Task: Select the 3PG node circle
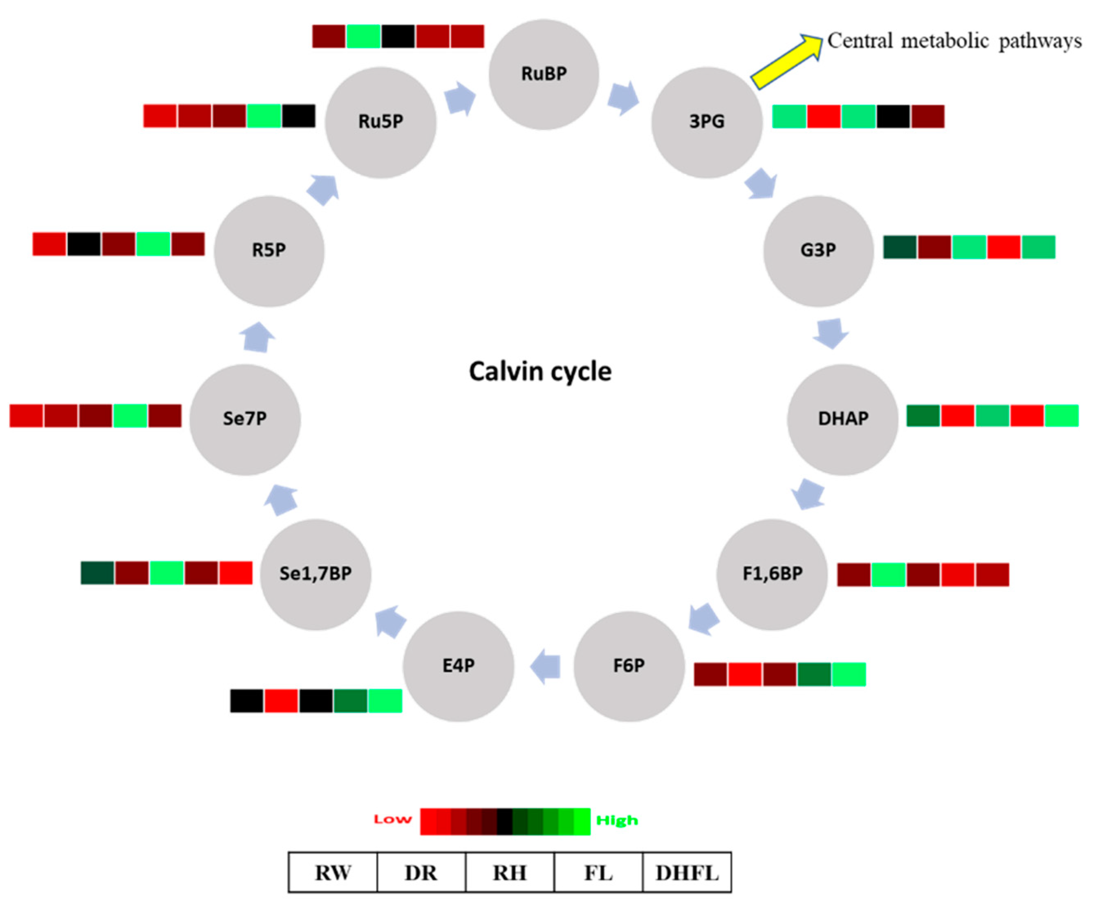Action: tap(706, 122)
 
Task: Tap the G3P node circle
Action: tap(818, 251)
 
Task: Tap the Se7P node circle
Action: tap(244, 419)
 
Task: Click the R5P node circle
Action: tap(269, 251)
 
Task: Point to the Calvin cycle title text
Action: tap(540, 372)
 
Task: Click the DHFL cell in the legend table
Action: tap(687, 872)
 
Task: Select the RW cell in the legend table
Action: tap(333, 872)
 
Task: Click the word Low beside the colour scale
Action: tap(392, 819)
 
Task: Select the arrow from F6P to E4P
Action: tap(546, 667)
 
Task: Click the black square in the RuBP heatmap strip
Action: tap(398, 36)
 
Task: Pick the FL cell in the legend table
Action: tap(598, 872)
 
